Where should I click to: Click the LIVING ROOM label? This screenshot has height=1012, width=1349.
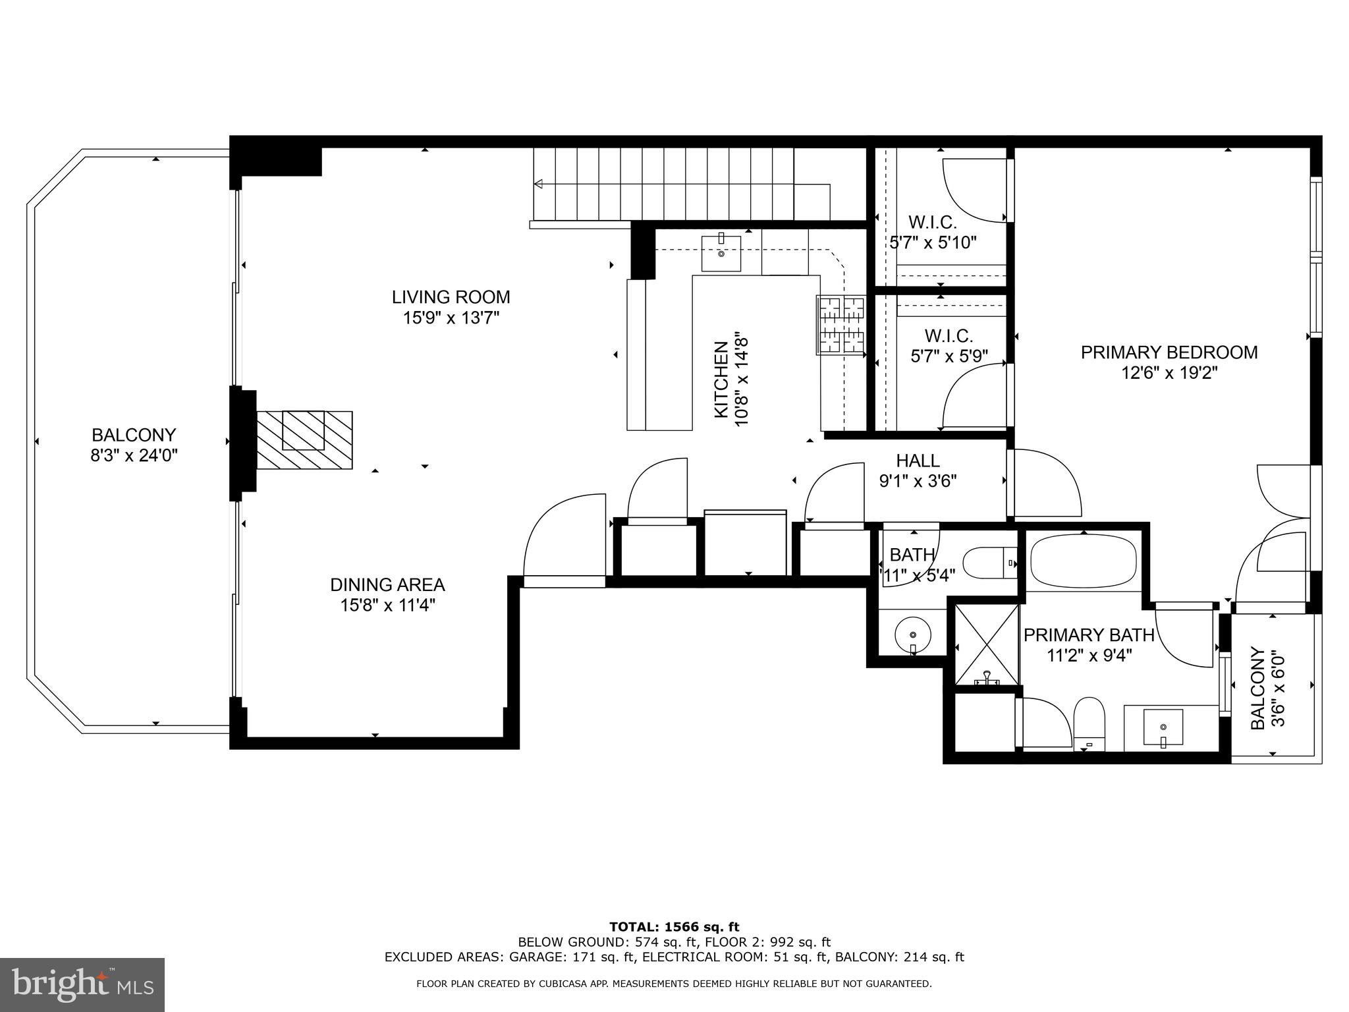pyautogui.click(x=451, y=297)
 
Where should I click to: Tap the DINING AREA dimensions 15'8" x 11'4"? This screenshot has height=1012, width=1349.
pyautogui.click(x=387, y=605)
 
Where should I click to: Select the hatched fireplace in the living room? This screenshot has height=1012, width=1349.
pyautogui.click(x=304, y=440)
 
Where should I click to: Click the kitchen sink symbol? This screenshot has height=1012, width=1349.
pyautogui.click(x=721, y=254)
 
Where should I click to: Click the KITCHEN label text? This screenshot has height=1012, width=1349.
pyautogui.click(x=721, y=379)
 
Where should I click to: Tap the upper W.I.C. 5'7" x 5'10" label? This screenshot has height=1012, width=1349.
pyautogui.click(x=932, y=233)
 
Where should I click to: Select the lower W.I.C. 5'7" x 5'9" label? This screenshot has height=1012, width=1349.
pyautogui.click(x=949, y=347)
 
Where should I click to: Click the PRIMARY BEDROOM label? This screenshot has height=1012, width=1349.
pyautogui.click(x=1169, y=352)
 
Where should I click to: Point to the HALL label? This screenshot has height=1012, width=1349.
pyautogui.click(x=918, y=461)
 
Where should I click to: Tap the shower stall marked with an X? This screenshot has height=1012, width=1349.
pyautogui.click(x=986, y=644)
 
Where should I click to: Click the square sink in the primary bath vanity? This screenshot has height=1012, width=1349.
pyautogui.click(x=1163, y=727)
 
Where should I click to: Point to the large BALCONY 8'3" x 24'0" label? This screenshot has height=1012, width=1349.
pyautogui.click(x=134, y=436)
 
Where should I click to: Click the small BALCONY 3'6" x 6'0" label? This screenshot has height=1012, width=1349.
pyautogui.click(x=1267, y=689)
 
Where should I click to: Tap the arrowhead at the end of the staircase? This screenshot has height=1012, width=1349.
pyautogui.click(x=539, y=184)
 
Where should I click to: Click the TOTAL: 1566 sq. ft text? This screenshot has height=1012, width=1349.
pyautogui.click(x=674, y=927)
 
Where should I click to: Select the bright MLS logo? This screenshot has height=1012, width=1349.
pyautogui.click(x=82, y=984)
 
